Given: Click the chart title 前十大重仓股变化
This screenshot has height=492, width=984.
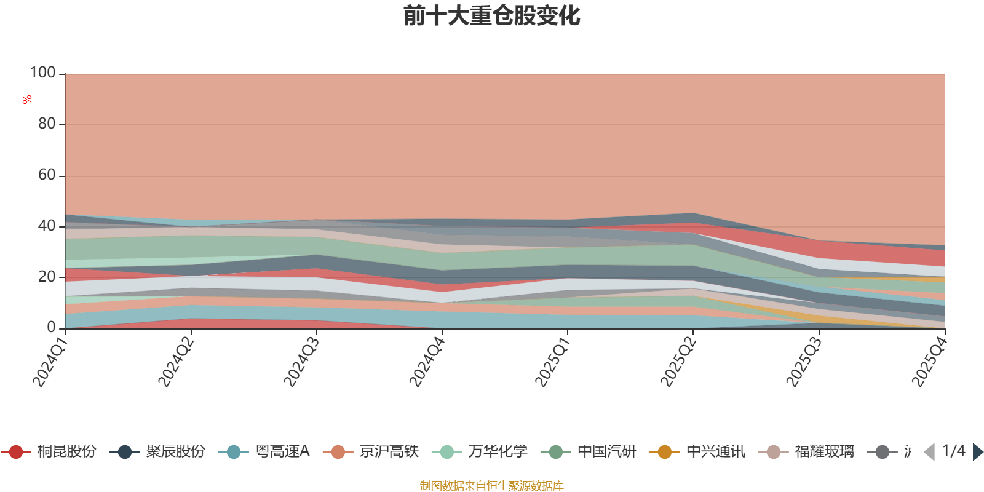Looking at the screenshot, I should point(492,16).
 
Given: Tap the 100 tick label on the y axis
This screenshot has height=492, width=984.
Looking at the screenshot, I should point(43,73).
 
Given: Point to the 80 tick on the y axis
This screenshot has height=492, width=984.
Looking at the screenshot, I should point(47,124).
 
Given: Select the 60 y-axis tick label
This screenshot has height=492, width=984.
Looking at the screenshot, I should point(47,175).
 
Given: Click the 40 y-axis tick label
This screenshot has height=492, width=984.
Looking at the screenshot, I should point(47,226).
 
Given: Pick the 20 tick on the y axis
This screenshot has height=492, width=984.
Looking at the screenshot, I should point(47,277).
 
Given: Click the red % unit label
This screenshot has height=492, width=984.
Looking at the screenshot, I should point(27,100).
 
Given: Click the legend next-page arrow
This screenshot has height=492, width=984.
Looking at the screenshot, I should point(977,452).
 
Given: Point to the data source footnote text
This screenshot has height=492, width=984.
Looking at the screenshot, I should point(492,486).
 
